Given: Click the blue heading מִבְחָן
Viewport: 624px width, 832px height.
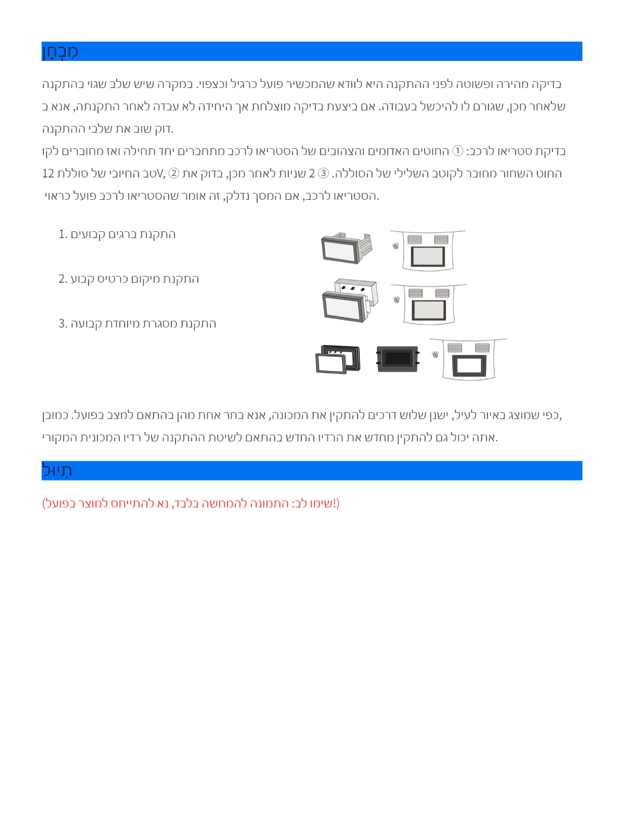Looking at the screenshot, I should (x=60, y=51).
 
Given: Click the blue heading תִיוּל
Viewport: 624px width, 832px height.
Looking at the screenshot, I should (x=57, y=471).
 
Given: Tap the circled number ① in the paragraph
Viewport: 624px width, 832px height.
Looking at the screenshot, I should (x=458, y=151).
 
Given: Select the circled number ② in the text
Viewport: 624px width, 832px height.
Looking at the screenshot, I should (x=174, y=174).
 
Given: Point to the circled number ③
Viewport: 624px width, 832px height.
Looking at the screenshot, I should (x=323, y=174).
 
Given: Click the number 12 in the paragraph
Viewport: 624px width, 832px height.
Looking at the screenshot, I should (x=48, y=174).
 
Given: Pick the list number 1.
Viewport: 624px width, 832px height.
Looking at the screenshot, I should (x=62, y=235).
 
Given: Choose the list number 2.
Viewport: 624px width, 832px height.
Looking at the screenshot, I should (x=62, y=279).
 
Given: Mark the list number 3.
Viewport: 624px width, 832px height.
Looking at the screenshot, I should (x=62, y=324).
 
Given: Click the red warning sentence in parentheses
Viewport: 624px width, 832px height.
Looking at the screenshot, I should (x=191, y=503).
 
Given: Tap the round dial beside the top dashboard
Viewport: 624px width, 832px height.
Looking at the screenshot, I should (x=396, y=245).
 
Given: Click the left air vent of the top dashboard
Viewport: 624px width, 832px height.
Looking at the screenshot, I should (x=414, y=240).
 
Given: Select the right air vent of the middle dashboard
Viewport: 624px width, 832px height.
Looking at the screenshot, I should (x=442, y=293).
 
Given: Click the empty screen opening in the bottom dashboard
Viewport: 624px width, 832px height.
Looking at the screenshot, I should (x=469, y=366).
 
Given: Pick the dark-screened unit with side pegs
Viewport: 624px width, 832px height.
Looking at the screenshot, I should (x=398, y=359).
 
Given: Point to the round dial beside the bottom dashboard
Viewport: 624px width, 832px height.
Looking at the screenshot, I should (x=435, y=354).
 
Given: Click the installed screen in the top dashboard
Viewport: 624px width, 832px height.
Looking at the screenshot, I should (x=428, y=256).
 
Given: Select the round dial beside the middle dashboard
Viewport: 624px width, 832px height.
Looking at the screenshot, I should (x=397, y=300).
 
